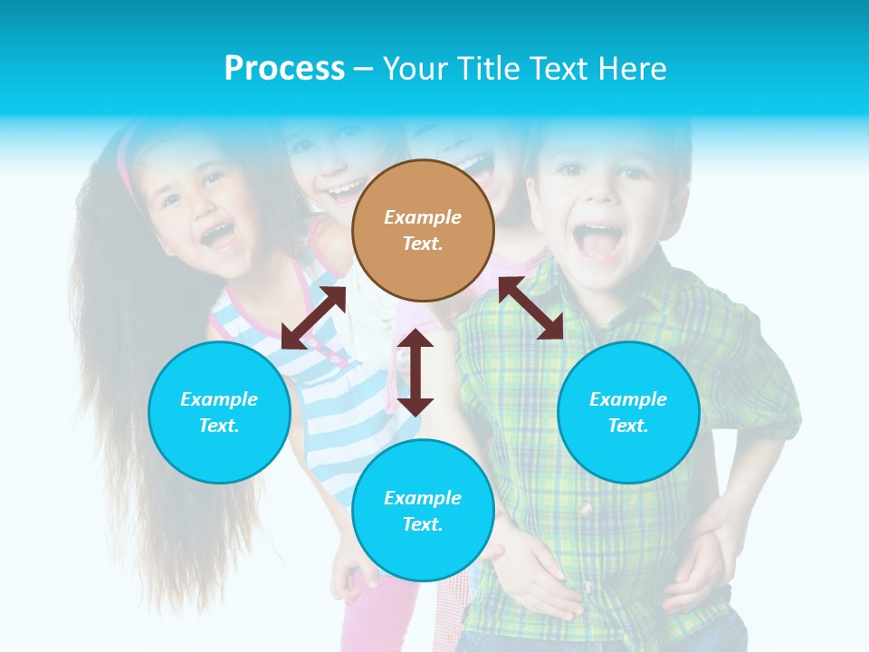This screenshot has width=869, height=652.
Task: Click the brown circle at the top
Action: (423, 230)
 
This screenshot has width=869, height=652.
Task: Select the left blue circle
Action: (219, 412)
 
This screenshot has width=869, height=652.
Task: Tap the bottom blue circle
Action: (423, 510)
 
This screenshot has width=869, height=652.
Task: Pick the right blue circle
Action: (627, 412)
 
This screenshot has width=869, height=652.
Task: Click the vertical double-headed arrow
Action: (415, 372)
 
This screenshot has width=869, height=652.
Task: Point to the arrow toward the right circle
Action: (530, 308)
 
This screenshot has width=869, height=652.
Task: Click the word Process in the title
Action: (284, 68)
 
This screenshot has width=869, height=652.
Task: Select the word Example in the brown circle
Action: (423, 217)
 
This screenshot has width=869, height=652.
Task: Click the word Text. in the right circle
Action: (627, 426)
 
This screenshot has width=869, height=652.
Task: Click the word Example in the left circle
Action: (219, 399)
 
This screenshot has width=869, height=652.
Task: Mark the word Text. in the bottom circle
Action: (423, 524)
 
